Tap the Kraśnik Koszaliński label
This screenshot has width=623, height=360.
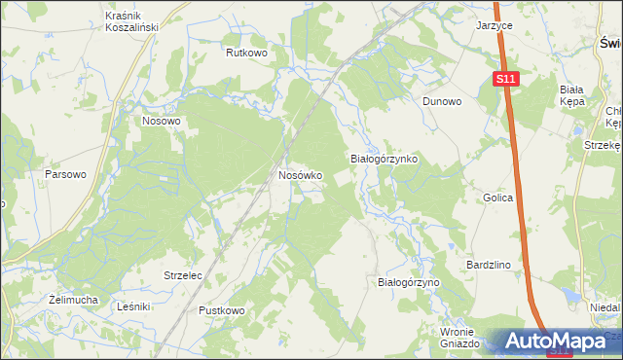[131, 21]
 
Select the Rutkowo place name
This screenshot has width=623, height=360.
[246, 54]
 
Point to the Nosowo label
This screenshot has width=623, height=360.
[162, 122]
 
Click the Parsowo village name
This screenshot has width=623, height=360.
[66, 174]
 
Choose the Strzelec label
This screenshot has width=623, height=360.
[182, 276]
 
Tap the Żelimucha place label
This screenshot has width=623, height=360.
[73, 300]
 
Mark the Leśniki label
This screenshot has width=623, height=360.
[132, 306]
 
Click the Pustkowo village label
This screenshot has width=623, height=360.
[222, 310]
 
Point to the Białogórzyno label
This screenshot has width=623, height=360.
[409, 282]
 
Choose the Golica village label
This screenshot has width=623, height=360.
[497, 198]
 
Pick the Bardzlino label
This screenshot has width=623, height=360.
[490, 264]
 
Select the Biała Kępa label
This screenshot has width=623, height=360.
[571, 94]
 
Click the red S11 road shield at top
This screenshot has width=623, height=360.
[504, 79]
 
